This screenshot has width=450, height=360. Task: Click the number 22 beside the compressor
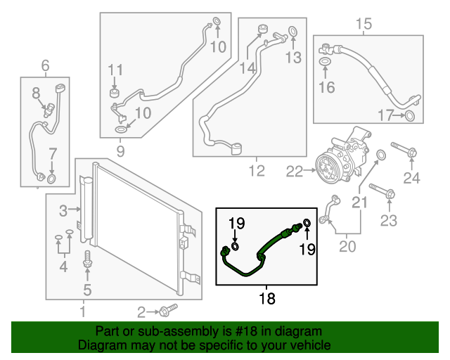(x=294, y=169)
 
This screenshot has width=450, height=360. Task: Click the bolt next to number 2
(x=167, y=309)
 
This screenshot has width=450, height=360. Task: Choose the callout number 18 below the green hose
(x=267, y=299)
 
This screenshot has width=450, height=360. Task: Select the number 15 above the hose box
(x=363, y=25)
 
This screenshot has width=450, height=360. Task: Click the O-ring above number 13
(x=293, y=32)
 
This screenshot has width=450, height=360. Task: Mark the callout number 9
(x=120, y=151)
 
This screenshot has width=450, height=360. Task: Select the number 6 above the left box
(x=45, y=67)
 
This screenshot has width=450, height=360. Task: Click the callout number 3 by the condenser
(x=63, y=210)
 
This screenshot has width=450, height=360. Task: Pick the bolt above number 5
(x=87, y=257)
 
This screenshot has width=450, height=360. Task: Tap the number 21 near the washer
(x=359, y=202)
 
